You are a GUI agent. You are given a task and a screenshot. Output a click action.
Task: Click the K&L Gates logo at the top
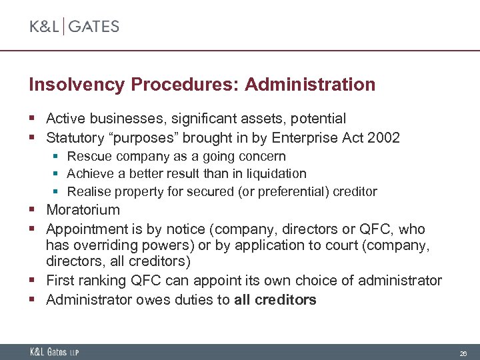[x=74, y=27]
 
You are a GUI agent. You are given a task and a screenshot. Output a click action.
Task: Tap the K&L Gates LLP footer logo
[x=54, y=352]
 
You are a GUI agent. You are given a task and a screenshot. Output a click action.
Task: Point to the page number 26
[x=462, y=352]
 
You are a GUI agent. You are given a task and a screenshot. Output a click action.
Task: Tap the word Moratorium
[x=83, y=210]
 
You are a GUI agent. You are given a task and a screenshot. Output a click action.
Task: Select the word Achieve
[x=91, y=174]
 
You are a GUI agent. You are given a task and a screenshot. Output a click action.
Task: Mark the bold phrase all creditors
[x=275, y=300]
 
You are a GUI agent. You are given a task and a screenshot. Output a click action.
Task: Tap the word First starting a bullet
[x=59, y=281]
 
